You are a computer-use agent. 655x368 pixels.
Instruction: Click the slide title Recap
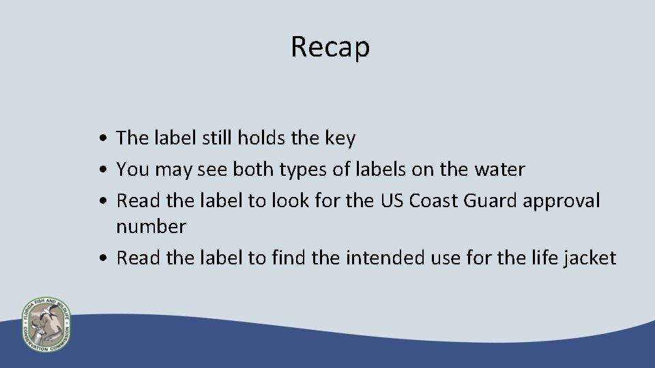[x=330, y=47]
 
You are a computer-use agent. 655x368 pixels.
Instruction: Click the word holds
[x=262, y=138]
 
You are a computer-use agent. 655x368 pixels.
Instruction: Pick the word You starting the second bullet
[x=131, y=170]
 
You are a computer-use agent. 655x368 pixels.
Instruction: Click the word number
[x=150, y=226]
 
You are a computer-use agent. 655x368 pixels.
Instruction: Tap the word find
[x=289, y=258]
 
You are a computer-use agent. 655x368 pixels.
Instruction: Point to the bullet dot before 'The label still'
[x=101, y=139]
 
